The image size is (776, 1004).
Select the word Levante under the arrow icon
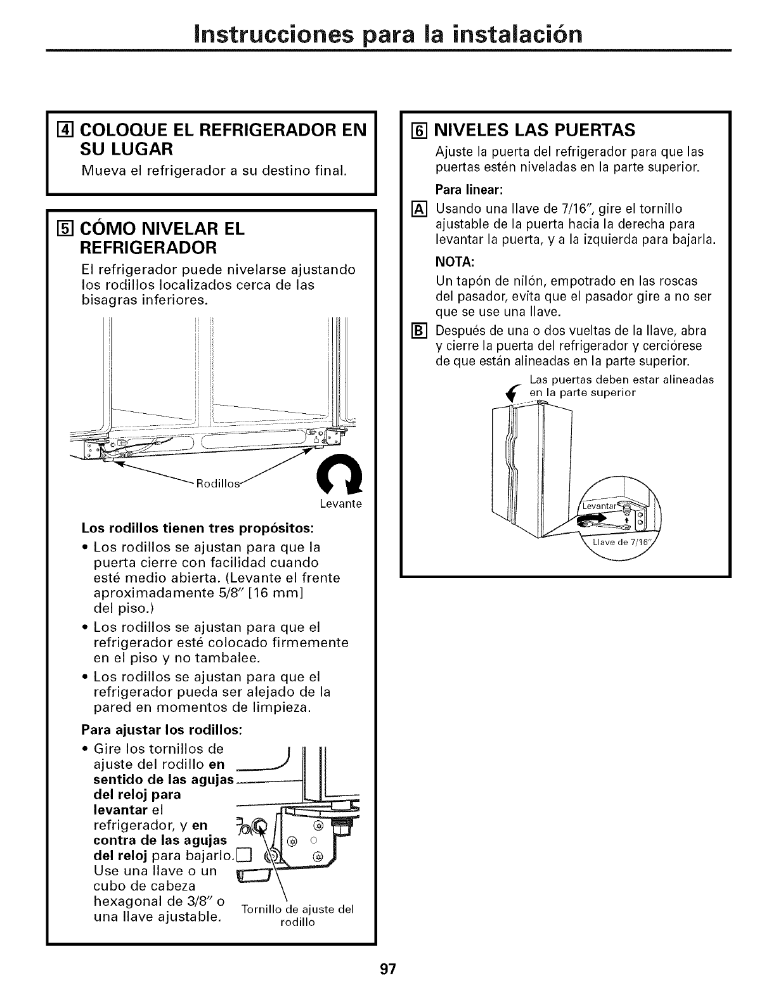click(340, 504)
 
